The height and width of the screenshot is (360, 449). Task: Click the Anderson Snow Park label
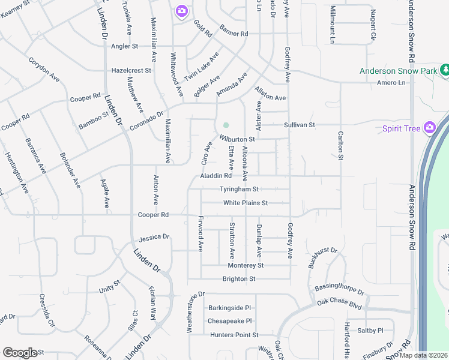click(x=398, y=71)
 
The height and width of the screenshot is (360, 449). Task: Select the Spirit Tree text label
click(x=402, y=128)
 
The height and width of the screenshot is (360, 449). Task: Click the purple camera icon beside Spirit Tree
click(x=429, y=127)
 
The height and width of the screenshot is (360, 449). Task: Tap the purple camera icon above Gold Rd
click(x=181, y=11)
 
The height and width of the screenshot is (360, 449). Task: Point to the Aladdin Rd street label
click(x=215, y=176)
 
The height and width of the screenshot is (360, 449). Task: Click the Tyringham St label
click(x=238, y=189)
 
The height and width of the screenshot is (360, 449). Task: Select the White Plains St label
click(x=245, y=203)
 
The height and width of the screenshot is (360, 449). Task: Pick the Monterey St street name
click(x=246, y=265)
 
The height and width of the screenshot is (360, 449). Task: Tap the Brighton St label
click(x=239, y=279)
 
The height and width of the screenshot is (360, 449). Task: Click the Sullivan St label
click(x=300, y=125)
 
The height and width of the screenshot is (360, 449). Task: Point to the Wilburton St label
click(x=238, y=139)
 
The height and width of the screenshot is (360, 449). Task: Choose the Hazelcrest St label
click(x=131, y=70)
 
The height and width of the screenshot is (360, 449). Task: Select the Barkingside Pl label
click(x=229, y=308)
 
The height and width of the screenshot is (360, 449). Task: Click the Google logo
click(x=19, y=353)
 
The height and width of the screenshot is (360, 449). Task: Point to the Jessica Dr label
click(x=154, y=238)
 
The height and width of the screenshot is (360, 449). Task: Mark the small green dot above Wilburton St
click(x=226, y=125)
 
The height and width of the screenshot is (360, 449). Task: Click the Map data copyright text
click(x=423, y=355)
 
